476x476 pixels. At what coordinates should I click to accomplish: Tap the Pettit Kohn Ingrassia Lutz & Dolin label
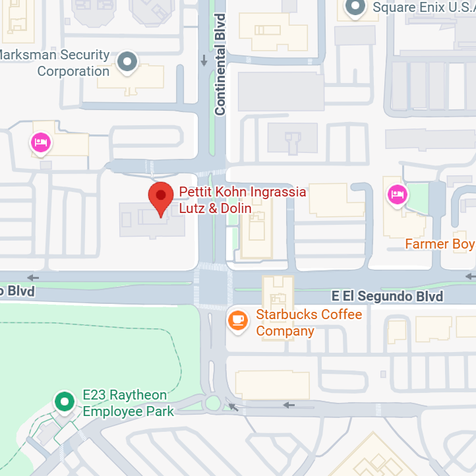(x=242, y=200)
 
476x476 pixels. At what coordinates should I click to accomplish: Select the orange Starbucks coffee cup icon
(x=237, y=320)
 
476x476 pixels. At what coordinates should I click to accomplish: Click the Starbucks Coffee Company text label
(x=309, y=322)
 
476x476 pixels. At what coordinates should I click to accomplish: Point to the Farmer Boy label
(x=439, y=245)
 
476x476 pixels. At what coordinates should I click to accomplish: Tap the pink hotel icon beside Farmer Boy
(x=397, y=194)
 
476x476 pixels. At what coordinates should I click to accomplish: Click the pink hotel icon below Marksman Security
(x=41, y=142)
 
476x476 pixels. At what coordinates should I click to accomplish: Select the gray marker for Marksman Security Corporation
(x=126, y=63)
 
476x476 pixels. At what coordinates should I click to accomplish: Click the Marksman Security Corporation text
(x=56, y=63)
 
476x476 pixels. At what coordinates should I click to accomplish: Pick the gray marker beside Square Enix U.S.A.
(x=356, y=8)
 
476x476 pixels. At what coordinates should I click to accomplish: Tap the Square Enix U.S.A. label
(x=423, y=8)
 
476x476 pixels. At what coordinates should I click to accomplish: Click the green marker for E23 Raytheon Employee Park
(x=64, y=402)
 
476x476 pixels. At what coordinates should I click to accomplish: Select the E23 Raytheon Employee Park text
(x=127, y=403)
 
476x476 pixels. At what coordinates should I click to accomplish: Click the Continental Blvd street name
(x=220, y=64)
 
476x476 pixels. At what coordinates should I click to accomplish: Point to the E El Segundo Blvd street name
(x=387, y=296)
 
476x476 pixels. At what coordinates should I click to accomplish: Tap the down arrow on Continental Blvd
(x=204, y=61)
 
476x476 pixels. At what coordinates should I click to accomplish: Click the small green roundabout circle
(x=212, y=403)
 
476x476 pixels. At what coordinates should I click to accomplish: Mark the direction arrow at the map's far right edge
(x=469, y=276)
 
